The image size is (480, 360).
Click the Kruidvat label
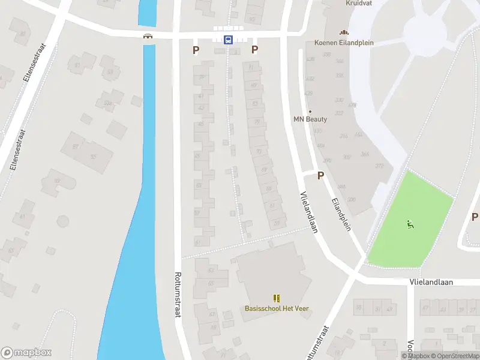tap(359, 3)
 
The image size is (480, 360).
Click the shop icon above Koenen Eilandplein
tap(344, 32)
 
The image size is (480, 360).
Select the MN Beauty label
tap(310, 119)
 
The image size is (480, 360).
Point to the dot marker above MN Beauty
tap(310, 112)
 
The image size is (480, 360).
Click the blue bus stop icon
tap(228, 40)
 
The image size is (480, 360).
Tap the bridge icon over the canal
tap(147, 36)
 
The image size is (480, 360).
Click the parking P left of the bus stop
tap(196, 50)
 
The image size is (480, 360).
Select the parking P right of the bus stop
tap(254, 50)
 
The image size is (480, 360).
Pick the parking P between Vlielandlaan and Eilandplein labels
tap(320, 176)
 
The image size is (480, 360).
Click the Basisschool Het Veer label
tap(277, 308)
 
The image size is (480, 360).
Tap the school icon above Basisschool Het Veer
tap(277, 298)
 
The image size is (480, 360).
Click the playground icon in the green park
tap(410, 225)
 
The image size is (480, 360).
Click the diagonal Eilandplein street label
tap(341, 211)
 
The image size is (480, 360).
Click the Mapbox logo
tap(26, 353)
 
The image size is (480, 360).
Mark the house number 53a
tap(107, 103)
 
